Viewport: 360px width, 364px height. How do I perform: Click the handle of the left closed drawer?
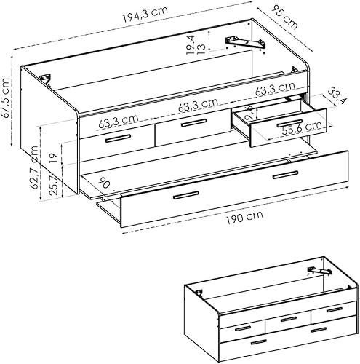116,138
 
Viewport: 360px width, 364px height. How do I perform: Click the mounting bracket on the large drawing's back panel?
247,43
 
